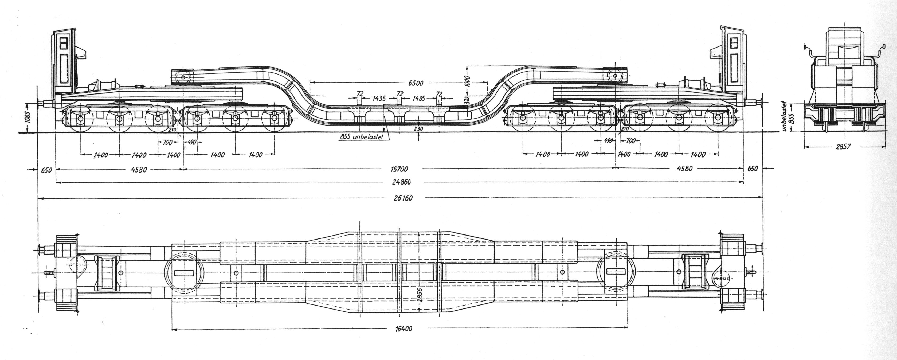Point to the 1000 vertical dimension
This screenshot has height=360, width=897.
tap(467, 83)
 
